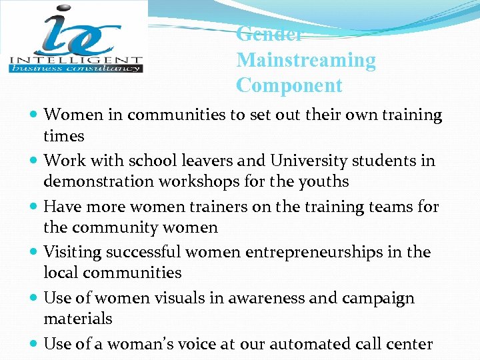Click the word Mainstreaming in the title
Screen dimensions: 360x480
click(x=306, y=60)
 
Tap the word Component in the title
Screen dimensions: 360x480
click(x=289, y=86)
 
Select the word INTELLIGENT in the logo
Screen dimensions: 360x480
click(x=75, y=58)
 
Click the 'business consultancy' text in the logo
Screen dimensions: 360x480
click(x=75, y=67)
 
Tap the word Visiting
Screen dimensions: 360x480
click(x=71, y=252)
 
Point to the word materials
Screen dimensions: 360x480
click(x=78, y=319)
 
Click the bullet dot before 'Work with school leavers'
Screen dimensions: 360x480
click(x=34, y=161)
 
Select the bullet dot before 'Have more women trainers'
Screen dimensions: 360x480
click(x=34, y=207)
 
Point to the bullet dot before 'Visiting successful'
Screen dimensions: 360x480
click(x=34, y=253)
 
